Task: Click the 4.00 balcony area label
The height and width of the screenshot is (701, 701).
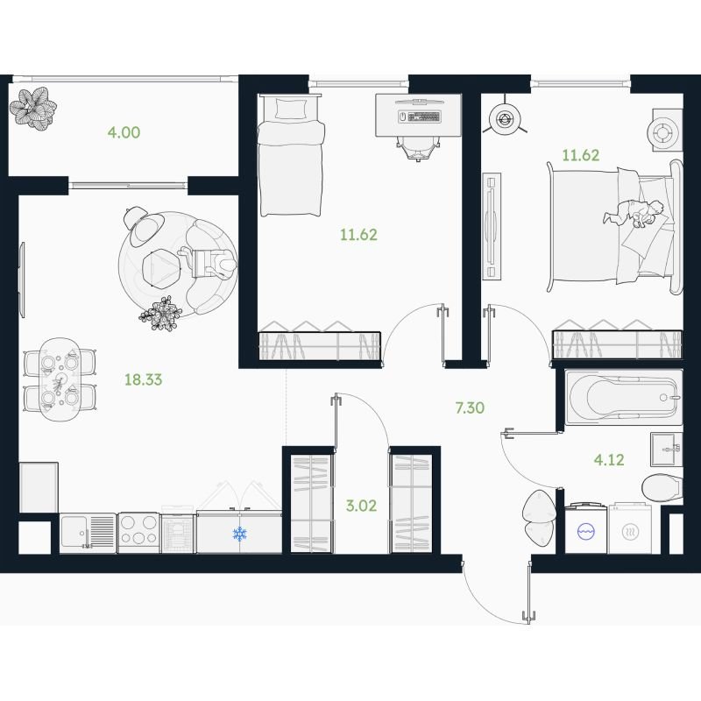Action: pyautogui.click(x=124, y=132)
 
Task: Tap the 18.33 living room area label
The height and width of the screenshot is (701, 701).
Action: pyautogui.click(x=143, y=379)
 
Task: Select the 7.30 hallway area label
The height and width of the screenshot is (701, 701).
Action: pyautogui.click(x=470, y=407)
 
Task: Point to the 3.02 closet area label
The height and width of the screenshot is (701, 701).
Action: pyautogui.click(x=361, y=506)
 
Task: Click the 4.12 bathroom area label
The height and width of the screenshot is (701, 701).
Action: pyautogui.click(x=609, y=459)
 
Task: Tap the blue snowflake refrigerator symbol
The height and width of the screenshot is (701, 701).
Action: pyautogui.click(x=240, y=534)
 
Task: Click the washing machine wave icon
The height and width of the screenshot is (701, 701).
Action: pyautogui.click(x=585, y=532)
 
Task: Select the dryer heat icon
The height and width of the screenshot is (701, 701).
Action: pyautogui.click(x=630, y=532)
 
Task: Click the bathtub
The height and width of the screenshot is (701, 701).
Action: pyautogui.click(x=624, y=397)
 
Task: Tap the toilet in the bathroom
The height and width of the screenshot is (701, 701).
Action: pyautogui.click(x=662, y=488)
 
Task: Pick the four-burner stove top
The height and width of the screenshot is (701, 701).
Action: pyautogui.click(x=138, y=533)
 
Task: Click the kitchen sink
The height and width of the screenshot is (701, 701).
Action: pyautogui.click(x=88, y=532)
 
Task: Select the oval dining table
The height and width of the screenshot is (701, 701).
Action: pyautogui.click(x=60, y=379)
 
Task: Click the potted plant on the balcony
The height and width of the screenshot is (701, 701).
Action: pyautogui.click(x=33, y=108)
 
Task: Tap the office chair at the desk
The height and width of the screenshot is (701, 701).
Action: pyautogui.click(x=418, y=147)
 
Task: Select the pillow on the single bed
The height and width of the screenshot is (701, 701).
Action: pyautogui.click(x=290, y=109)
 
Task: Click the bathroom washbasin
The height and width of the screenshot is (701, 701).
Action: pyautogui.click(x=667, y=450)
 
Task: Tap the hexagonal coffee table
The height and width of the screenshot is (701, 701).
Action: pyautogui.click(x=161, y=267)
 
